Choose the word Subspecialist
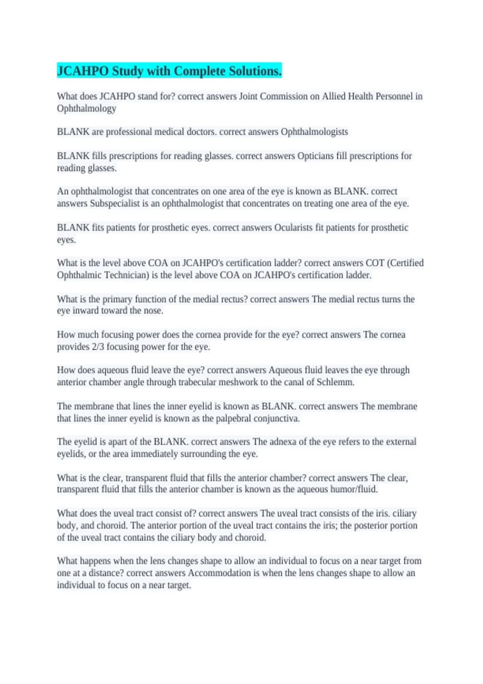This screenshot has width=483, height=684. point(115,204)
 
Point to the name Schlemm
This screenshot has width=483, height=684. point(335,382)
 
